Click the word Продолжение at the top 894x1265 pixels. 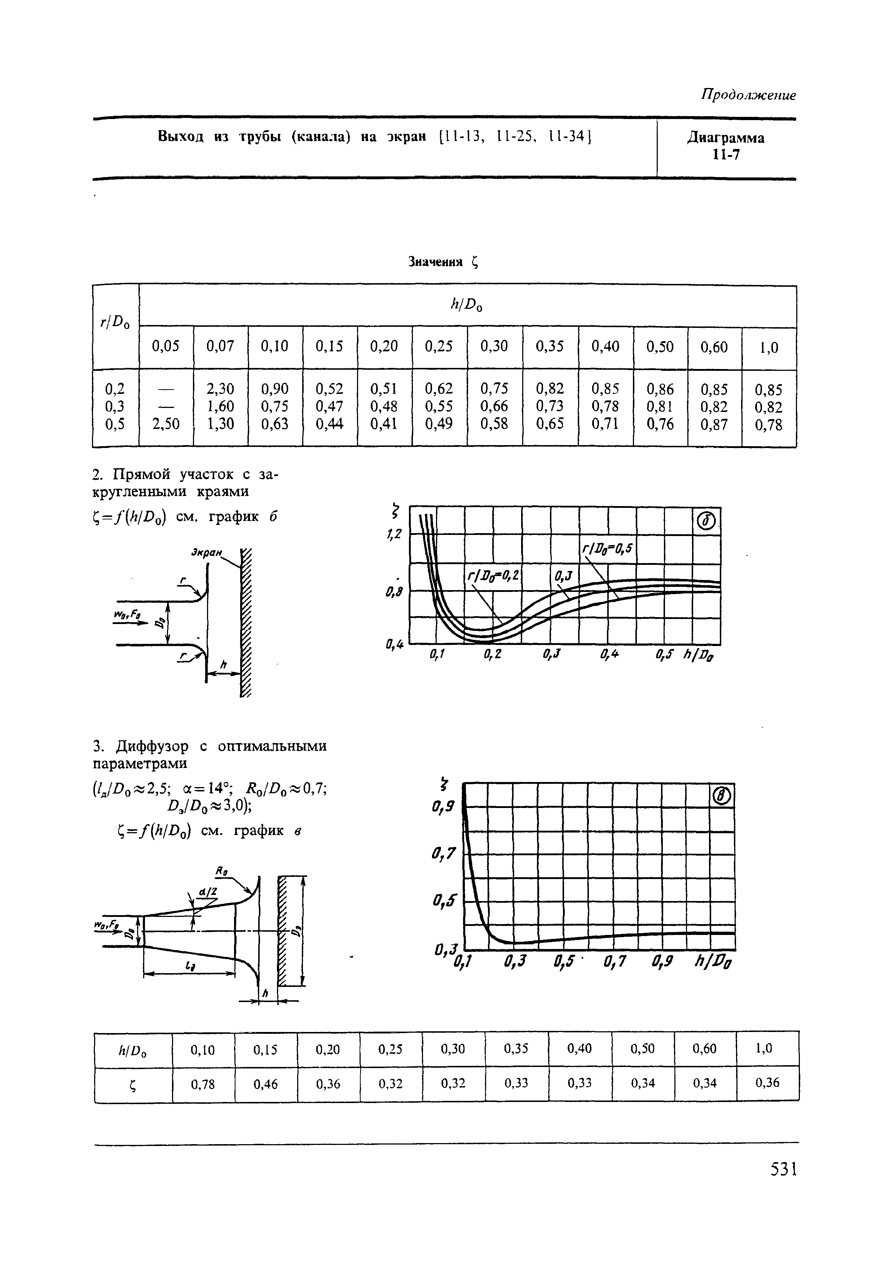coord(748,95)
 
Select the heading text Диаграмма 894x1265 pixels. coord(726,138)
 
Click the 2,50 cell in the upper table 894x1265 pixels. coord(166,424)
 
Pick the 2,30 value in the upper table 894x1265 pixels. coord(220,389)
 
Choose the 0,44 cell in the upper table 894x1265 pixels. coord(329,424)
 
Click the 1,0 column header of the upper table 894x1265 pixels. coord(769,348)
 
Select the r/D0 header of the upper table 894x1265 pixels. coord(115,324)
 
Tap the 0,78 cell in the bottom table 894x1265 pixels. coord(203,1084)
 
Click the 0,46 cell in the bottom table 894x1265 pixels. coord(265,1084)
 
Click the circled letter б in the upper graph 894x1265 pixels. coord(706,521)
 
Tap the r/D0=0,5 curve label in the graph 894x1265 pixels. coord(608,549)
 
